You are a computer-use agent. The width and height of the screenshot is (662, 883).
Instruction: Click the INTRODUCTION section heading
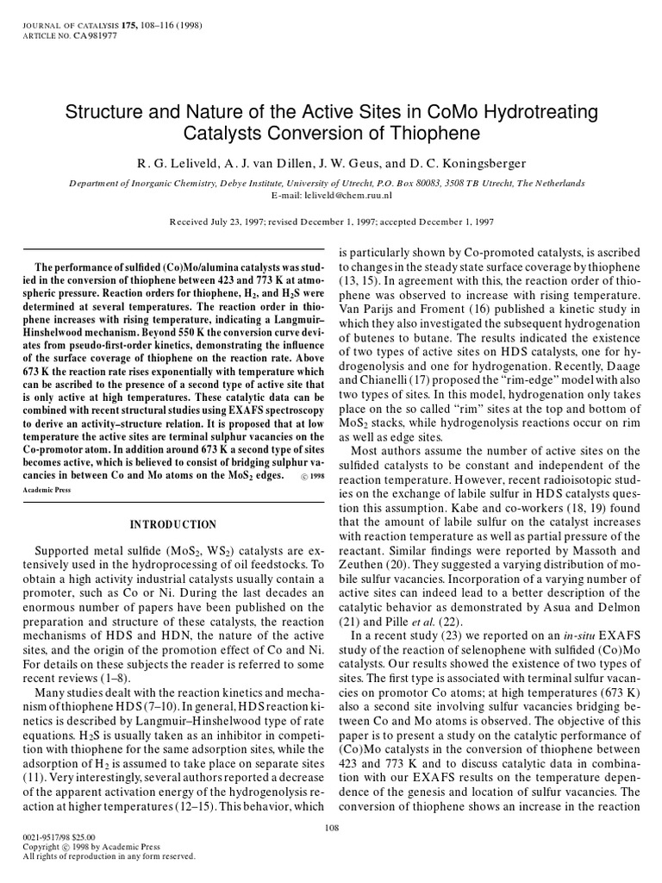click(172, 524)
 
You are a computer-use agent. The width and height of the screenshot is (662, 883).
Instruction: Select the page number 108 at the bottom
click(331, 828)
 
